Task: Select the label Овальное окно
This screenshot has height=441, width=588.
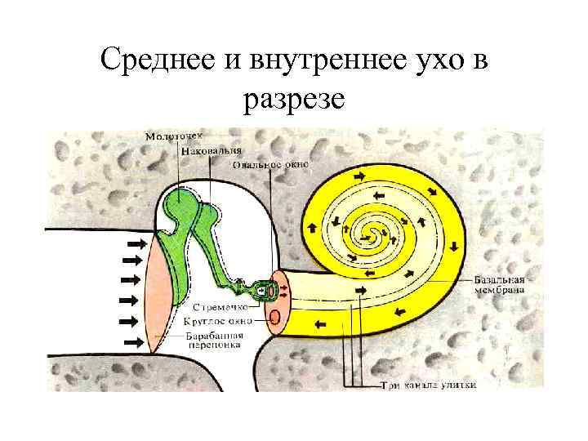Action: (270, 164)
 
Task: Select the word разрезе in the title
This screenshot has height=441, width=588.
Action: (294, 100)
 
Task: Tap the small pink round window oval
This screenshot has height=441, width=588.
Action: (275, 316)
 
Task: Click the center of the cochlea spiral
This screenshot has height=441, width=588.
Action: (375, 234)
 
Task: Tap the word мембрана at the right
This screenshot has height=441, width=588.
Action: (501, 290)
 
